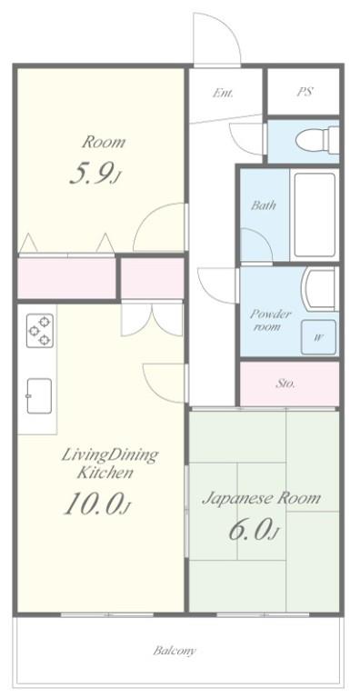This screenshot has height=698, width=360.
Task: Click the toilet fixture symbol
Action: click(x=317, y=140)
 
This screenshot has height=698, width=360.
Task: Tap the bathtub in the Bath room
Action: click(x=315, y=214)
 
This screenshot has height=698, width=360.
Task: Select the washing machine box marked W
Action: click(x=318, y=337)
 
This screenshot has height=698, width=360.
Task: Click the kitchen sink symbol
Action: click(x=39, y=395)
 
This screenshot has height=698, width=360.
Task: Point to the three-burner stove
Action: click(x=40, y=331)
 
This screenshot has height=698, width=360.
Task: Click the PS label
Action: click(x=305, y=92)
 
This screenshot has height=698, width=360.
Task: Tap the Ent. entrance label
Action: click(x=223, y=93)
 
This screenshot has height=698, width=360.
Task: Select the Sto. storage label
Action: click(x=285, y=384)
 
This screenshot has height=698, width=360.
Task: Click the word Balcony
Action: click(x=175, y=651)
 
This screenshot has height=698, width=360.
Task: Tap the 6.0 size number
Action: click(x=253, y=529)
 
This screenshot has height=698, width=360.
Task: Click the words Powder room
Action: click(x=270, y=320)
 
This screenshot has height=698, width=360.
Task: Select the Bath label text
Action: click(x=263, y=205)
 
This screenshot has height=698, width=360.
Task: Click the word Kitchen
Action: click(x=105, y=472)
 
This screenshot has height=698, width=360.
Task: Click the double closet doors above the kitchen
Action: click(x=152, y=320)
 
